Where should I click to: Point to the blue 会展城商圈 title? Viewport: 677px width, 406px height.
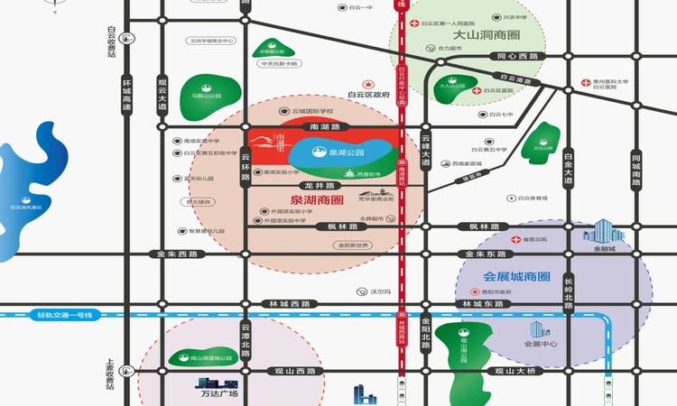516,277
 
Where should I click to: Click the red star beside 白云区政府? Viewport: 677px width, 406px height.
367,82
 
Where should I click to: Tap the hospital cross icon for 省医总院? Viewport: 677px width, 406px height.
515,239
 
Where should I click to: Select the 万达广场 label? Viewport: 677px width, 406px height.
217,393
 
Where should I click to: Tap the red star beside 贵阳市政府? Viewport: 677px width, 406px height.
474,293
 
